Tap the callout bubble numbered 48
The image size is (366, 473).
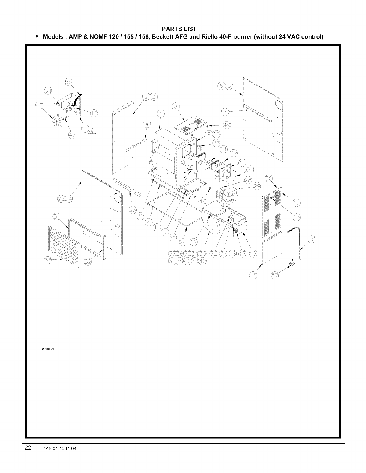[x=39, y=106]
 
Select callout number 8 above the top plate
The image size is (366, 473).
[x=176, y=107]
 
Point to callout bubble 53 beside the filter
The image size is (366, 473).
[x=48, y=261]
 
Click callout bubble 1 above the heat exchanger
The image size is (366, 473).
[x=161, y=114]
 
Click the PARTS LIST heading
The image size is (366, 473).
[x=179, y=29]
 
